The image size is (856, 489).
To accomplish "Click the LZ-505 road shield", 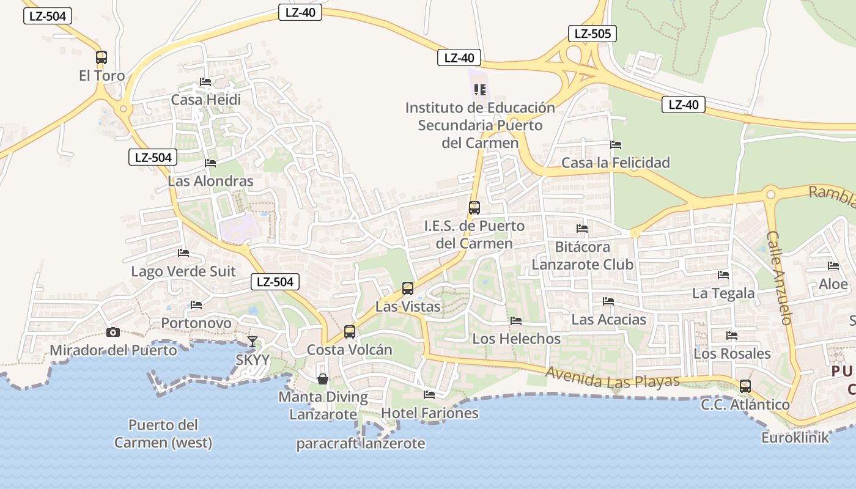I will [592, 34].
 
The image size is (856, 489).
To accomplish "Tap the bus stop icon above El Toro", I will [101, 57].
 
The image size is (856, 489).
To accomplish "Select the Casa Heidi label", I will [206, 100].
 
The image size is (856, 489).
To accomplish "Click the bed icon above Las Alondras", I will [210, 163].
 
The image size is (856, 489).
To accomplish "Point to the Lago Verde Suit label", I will [183, 271].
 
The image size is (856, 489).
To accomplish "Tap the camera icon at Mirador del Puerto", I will [113, 332].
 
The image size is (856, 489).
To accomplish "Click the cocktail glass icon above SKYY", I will [252, 342].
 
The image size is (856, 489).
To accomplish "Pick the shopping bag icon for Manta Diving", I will [323, 379].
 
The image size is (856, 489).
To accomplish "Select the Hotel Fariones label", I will [430, 413].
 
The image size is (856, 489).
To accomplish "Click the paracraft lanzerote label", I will [361, 444].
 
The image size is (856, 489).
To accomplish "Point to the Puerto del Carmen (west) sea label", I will [163, 433].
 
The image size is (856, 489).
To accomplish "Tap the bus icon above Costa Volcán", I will [350, 332].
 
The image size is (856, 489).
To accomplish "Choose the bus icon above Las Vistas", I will [408, 289].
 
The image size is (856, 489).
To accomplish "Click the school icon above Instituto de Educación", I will [480, 90].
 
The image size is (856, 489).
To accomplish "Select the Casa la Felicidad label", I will [616, 163].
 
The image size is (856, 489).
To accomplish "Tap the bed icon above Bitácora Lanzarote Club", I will [582, 229].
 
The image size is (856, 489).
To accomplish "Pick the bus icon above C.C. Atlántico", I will [745, 386].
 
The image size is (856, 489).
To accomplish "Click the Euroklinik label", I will [795, 438].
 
